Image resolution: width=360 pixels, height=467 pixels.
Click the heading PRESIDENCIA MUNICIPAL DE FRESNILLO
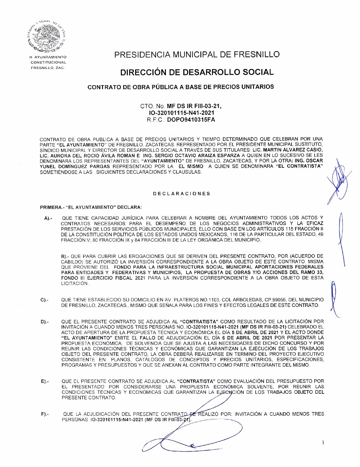click(x=197, y=55)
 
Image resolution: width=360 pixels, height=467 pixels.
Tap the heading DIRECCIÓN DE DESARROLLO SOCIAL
click(x=197, y=72)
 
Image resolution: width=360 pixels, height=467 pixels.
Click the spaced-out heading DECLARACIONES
click(x=181, y=194)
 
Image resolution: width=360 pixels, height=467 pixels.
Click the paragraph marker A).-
click(x=48, y=218)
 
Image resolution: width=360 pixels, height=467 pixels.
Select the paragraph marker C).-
click(x=44, y=300)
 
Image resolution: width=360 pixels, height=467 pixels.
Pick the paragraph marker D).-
click(x=44, y=322)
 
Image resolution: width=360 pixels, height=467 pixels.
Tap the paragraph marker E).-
click(x=45, y=381)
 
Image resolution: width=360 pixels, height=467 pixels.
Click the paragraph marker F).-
click(x=45, y=414)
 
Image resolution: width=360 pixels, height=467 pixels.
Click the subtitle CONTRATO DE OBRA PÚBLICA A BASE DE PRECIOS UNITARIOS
click(x=180, y=87)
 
